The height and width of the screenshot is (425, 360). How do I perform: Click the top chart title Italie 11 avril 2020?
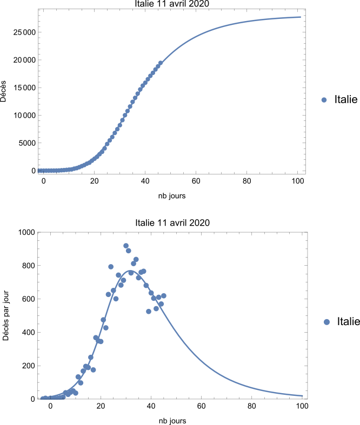click(171, 4)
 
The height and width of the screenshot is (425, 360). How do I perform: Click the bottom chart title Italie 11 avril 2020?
click(171, 222)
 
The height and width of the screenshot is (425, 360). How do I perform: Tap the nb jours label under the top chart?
click(171, 196)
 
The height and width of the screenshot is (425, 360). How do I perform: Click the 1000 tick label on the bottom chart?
click(26, 232)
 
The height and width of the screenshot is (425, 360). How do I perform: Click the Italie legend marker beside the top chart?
click(324, 99)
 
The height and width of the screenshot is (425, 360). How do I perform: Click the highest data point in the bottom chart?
click(126, 246)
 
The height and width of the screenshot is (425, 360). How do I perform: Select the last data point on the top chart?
click(161, 63)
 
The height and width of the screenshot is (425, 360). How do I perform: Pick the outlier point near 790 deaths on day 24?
click(111, 267)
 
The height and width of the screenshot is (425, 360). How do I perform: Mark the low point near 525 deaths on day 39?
click(149, 311)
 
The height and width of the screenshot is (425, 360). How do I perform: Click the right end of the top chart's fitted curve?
click(301, 17)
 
